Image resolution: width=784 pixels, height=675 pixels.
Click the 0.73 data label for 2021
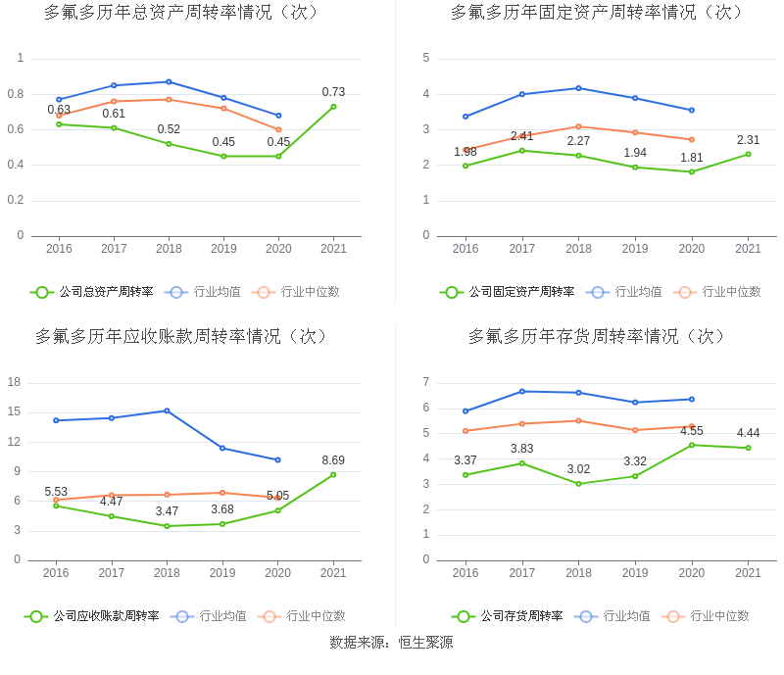(x=333, y=92)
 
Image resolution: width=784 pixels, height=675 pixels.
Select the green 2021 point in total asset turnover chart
(x=333, y=107)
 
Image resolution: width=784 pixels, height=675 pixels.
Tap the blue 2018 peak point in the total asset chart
(x=169, y=81)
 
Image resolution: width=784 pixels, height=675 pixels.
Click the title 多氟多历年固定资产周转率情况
(x=598, y=13)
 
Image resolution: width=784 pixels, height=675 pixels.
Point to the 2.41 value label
(x=521, y=136)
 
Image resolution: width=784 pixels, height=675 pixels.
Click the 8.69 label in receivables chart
(x=333, y=460)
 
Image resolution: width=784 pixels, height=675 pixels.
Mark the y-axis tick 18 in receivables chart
(x=15, y=382)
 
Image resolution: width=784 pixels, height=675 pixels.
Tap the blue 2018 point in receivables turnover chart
(x=167, y=410)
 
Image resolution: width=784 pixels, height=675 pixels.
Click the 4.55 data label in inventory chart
(x=692, y=431)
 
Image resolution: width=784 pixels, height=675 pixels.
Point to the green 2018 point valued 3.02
(x=578, y=484)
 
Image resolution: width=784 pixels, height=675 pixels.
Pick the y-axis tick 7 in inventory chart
(x=425, y=382)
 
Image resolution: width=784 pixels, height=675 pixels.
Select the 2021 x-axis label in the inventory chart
(x=748, y=573)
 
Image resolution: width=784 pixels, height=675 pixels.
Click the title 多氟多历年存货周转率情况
(x=598, y=337)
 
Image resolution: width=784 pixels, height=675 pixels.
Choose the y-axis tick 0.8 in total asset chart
(x=15, y=94)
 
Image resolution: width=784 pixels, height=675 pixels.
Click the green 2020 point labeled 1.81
(x=692, y=172)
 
